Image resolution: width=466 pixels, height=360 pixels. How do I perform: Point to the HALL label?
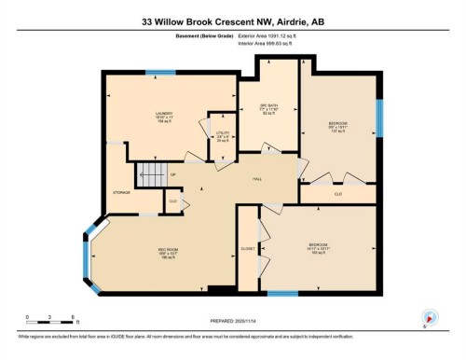257,179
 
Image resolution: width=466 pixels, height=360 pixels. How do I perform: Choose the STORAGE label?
121,192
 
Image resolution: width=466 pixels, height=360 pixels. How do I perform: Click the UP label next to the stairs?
173,174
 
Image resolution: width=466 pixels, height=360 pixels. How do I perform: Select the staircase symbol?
149,173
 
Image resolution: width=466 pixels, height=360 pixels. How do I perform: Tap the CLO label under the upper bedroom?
337,194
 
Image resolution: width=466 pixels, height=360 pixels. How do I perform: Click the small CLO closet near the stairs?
172,200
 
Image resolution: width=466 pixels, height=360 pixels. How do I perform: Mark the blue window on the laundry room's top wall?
160,72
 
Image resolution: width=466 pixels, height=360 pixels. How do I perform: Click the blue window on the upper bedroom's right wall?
378,118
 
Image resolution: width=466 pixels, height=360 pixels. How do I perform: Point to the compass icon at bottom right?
430,316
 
